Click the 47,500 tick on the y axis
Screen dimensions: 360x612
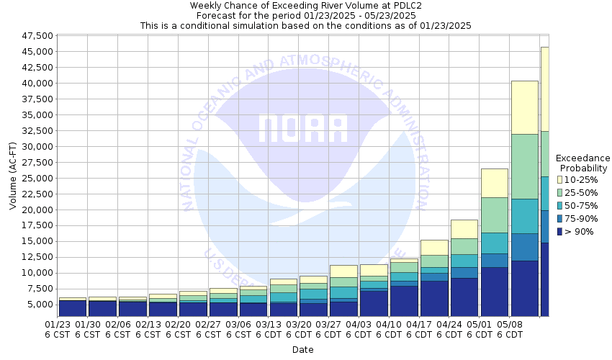35,35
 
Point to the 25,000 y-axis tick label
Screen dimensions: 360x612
35,178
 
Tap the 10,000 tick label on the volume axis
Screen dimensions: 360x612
35,273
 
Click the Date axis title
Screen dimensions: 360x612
302,349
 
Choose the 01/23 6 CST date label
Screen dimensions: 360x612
57,329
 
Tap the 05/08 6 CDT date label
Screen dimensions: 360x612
510,329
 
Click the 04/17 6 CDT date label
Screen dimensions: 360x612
419,329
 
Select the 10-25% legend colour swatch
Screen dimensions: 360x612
559,179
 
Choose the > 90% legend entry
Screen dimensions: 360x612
580,231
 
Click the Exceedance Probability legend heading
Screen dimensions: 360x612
583,163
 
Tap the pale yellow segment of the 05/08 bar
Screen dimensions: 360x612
524,107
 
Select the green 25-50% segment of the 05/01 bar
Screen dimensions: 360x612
494,215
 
